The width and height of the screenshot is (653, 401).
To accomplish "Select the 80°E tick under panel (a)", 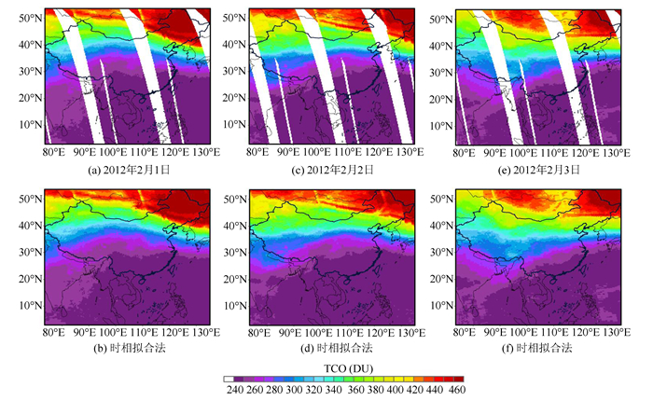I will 53,153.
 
